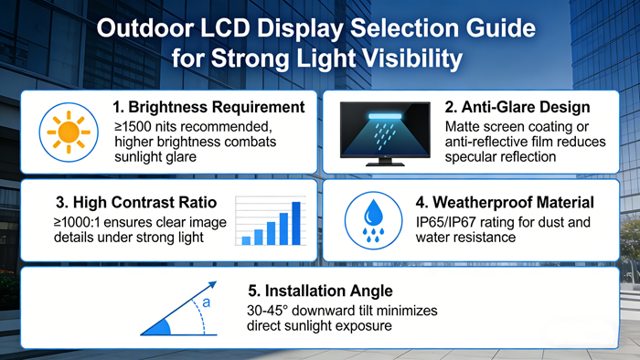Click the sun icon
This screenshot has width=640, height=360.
tap(68, 132)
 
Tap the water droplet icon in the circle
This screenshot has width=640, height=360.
tap(374, 216)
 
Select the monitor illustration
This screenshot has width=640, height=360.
tap(383, 132)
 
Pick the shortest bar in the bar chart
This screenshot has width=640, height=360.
tap(246, 240)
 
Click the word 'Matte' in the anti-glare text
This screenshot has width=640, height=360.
tap(464, 126)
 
